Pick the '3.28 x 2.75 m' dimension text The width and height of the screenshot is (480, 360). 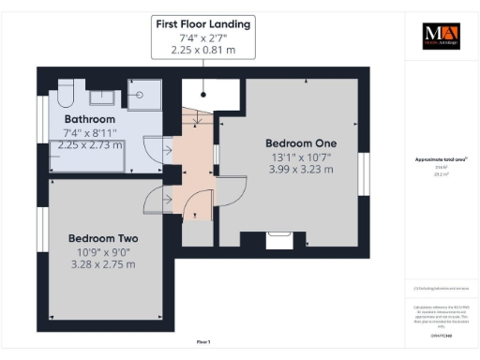pos(103,264)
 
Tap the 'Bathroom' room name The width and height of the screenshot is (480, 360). pos(89,120)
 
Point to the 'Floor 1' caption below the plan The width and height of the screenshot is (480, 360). pos(203,342)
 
